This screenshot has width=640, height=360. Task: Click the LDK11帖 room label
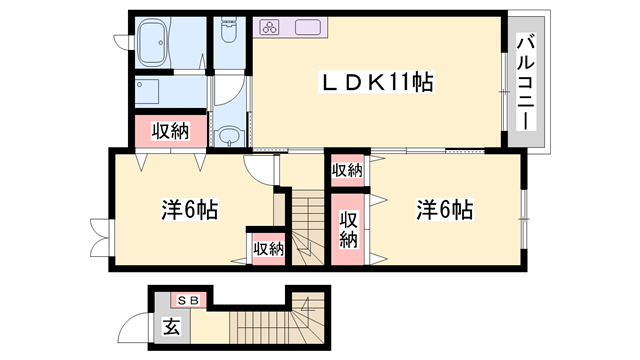375,83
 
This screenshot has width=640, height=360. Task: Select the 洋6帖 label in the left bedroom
190,211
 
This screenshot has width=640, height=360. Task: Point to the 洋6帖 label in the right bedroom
444,210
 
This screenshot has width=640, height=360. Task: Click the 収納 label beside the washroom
170,130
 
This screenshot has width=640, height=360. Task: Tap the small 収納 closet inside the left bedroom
268,248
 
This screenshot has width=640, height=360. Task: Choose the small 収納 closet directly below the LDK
347,170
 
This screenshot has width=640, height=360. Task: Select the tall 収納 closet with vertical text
348,229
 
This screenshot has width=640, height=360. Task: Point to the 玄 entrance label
170,325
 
